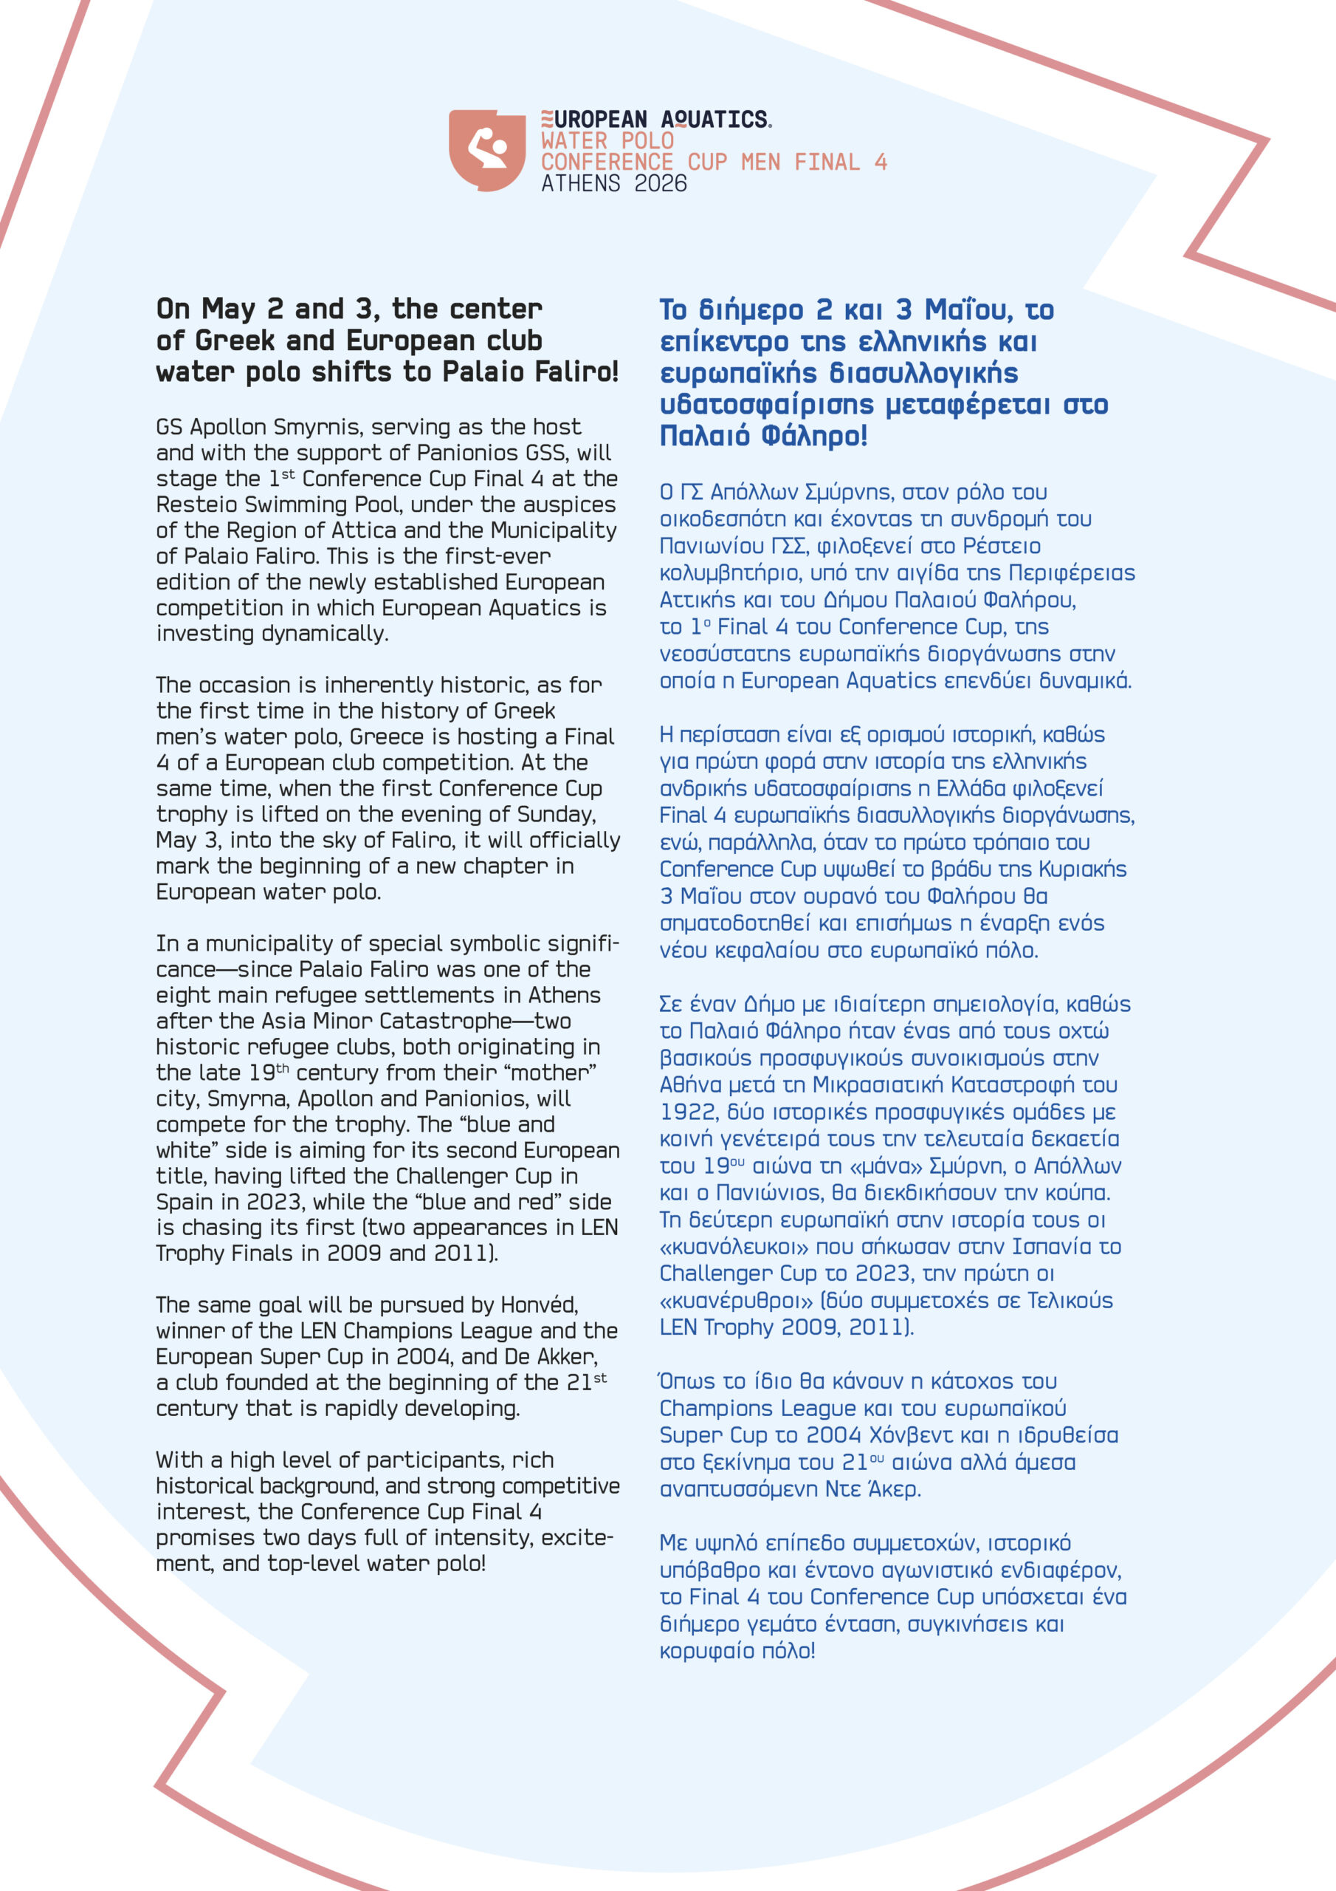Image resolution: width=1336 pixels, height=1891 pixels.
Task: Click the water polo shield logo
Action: point(486,150)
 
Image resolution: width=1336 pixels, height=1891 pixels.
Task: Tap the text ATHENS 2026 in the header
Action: point(613,184)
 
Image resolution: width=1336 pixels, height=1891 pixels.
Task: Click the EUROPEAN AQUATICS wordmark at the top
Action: point(656,120)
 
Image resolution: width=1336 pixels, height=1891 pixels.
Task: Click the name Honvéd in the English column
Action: point(539,1305)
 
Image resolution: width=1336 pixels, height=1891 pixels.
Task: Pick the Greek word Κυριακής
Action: point(1083,869)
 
